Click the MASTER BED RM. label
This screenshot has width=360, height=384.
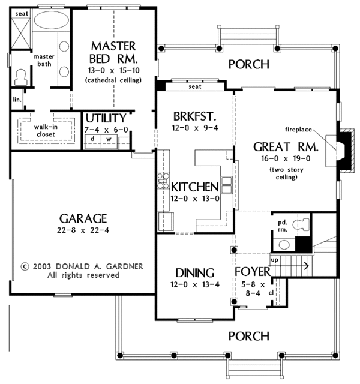(x=113, y=52)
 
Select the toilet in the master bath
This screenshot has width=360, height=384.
(x=20, y=77)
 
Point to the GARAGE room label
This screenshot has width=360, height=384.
(x=83, y=218)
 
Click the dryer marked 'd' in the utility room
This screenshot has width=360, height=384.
(x=93, y=142)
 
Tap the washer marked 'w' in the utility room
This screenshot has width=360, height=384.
(x=109, y=142)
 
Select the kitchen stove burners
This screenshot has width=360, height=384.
(x=163, y=181)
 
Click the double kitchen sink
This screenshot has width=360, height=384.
(x=227, y=185)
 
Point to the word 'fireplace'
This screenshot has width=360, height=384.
(x=298, y=130)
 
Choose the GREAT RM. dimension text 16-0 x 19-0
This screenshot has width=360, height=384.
(x=286, y=158)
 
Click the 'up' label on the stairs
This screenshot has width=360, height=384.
(x=274, y=260)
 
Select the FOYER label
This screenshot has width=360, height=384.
(x=253, y=272)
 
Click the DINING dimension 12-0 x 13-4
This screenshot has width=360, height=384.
(x=195, y=284)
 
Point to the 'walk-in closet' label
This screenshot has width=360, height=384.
(x=46, y=131)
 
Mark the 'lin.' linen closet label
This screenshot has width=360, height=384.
(x=17, y=100)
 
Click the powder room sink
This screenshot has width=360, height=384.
(x=284, y=245)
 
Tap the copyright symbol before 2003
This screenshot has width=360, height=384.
(x=25, y=266)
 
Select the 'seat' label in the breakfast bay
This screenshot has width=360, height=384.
(x=195, y=86)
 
